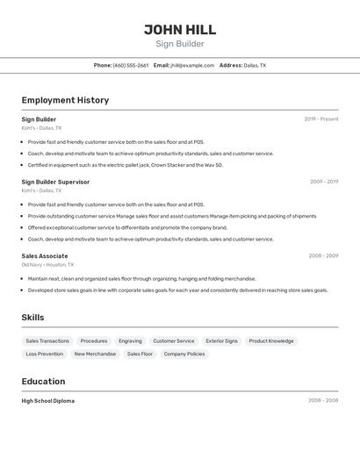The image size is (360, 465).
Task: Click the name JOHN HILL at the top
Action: (x=180, y=30)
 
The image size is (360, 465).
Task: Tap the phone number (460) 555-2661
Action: (x=131, y=65)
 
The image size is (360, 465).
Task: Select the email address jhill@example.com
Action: (x=192, y=65)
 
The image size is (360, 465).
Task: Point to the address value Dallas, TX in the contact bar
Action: (x=255, y=65)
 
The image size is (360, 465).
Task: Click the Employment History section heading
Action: (x=65, y=100)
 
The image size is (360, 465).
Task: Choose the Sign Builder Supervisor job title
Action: (x=55, y=182)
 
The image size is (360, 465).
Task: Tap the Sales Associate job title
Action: (x=45, y=256)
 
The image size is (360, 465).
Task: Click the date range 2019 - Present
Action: (x=321, y=119)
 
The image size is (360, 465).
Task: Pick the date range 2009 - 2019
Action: (x=324, y=182)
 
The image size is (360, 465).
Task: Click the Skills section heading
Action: (x=32, y=318)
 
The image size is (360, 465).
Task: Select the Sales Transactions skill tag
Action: (x=47, y=340)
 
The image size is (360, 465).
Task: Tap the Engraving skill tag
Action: (x=130, y=340)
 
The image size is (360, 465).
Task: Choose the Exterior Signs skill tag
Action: (x=221, y=340)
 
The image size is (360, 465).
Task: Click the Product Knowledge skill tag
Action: (x=271, y=340)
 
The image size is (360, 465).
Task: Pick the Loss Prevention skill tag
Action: (x=44, y=354)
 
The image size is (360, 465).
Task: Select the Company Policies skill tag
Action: (x=184, y=354)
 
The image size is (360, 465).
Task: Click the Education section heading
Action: (x=43, y=382)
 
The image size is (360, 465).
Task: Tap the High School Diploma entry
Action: (x=48, y=401)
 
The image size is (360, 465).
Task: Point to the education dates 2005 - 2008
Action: (x=323, y=401)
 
